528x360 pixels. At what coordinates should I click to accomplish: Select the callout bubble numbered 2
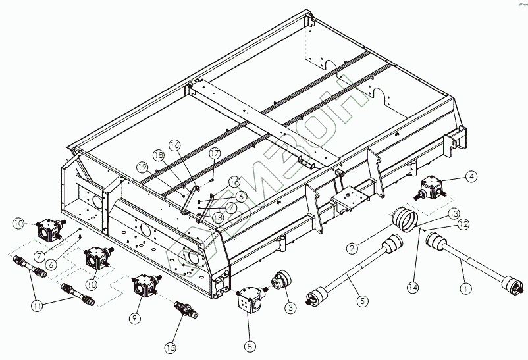[354, 248]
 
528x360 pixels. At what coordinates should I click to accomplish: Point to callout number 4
[472, 176]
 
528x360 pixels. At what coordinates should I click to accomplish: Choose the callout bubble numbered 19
[142, 167]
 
